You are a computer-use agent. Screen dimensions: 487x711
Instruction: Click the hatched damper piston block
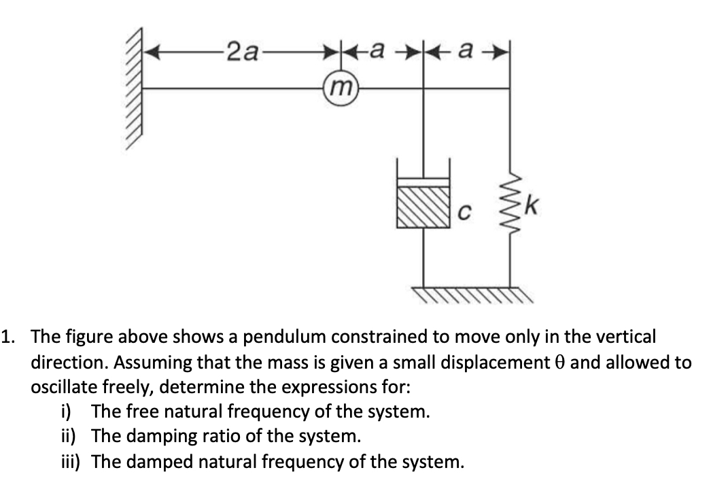(423, 208)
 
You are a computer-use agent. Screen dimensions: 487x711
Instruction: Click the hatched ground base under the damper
(469, 295)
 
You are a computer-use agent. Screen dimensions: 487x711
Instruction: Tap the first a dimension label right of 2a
(382, 50)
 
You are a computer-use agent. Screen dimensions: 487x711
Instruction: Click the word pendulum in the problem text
(279, 337)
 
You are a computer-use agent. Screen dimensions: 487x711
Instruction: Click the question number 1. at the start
(10, 337)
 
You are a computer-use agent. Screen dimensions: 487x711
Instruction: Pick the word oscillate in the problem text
(60, 387)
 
